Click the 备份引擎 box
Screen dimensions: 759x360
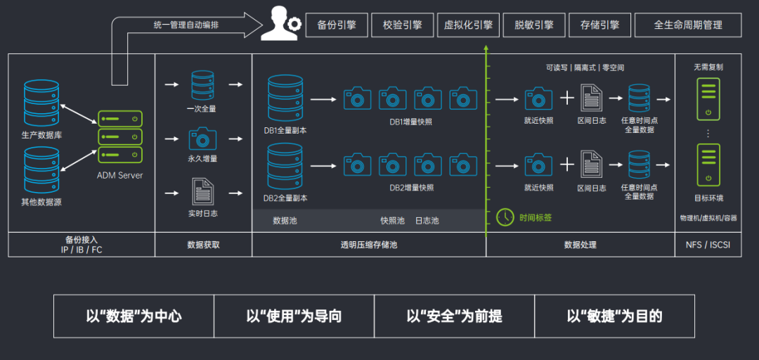337,25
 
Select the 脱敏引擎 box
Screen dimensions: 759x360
534,25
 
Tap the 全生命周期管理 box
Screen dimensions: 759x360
688,25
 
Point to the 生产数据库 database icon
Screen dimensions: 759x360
41,104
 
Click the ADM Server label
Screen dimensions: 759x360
120,175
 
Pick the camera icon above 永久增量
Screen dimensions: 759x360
202,139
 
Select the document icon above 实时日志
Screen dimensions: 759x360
202,192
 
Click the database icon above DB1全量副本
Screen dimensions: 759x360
285,99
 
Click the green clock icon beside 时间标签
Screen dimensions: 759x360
505,217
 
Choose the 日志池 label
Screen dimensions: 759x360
427,221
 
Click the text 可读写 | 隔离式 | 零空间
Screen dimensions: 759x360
585,67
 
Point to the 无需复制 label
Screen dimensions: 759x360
708,67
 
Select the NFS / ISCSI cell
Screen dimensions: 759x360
708,245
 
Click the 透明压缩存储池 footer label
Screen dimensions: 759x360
369,245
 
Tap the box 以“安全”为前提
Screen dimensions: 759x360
455,316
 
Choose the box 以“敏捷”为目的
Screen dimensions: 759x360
615,316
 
